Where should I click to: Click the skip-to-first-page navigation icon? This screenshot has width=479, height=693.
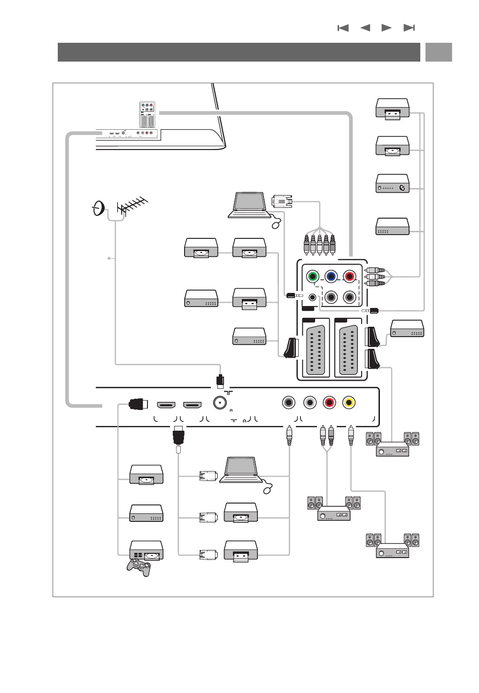343,28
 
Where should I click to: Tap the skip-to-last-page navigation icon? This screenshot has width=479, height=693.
409,28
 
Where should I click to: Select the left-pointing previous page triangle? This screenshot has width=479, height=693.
365,28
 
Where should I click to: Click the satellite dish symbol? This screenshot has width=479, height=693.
98,208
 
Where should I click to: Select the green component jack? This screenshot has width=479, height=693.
312,276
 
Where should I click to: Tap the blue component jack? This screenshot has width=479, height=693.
331,276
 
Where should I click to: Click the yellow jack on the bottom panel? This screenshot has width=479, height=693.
348,402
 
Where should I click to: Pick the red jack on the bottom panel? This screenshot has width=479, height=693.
329,402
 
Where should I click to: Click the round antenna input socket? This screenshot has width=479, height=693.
220,402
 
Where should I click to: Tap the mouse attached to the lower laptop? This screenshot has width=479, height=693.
268,489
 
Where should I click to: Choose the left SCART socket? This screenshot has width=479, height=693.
314,350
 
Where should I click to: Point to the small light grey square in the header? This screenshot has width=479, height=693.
439,52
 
